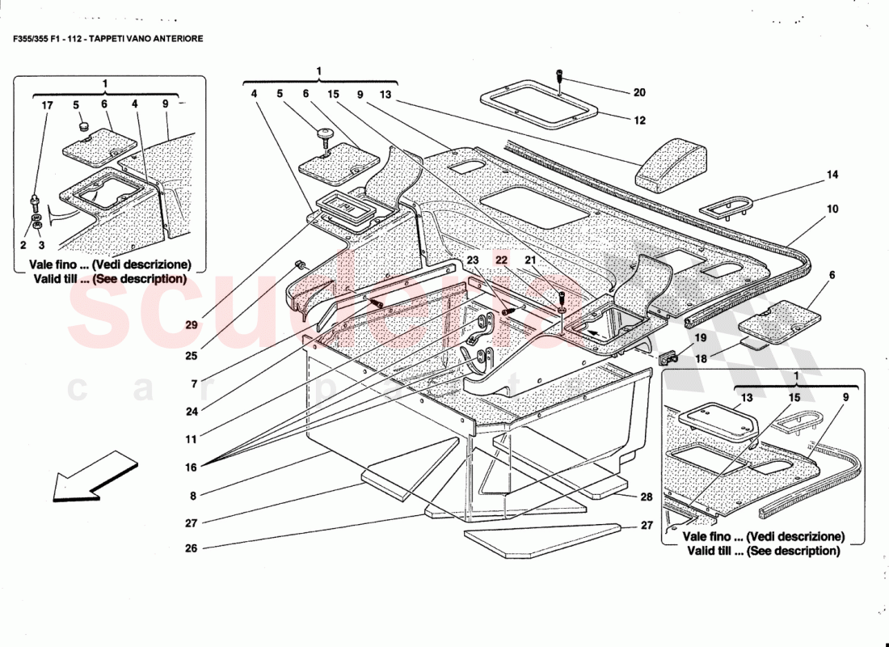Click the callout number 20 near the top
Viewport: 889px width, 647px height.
639,92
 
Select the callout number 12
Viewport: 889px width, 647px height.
639,121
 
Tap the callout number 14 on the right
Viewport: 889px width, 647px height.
832,174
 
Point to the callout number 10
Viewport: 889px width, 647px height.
832,209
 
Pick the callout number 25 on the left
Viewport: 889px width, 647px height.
191,355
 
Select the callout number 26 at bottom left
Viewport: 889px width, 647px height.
191,548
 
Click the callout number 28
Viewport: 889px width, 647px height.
646,497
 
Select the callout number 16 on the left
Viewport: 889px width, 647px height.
191,466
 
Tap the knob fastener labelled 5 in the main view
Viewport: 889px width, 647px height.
327,133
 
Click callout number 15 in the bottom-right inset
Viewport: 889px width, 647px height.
795,398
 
